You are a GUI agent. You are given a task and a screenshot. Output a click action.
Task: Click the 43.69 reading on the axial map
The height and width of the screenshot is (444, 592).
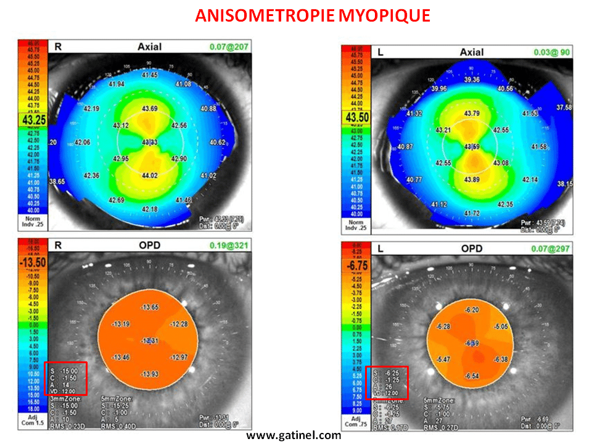[x=150, y=109]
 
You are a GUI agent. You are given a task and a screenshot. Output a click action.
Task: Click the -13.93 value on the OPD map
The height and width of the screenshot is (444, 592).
[x=150, y=374]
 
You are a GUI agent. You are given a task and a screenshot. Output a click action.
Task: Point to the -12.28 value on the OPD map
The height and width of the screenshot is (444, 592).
[x=179, y=324]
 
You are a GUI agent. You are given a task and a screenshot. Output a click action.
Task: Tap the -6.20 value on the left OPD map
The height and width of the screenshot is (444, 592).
[x=472, y=310]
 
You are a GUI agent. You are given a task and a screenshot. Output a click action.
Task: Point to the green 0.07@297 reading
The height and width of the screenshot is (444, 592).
[x=554, y=252]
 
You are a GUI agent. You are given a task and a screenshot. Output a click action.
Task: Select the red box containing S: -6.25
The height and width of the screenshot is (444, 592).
[x=387, y=382]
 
